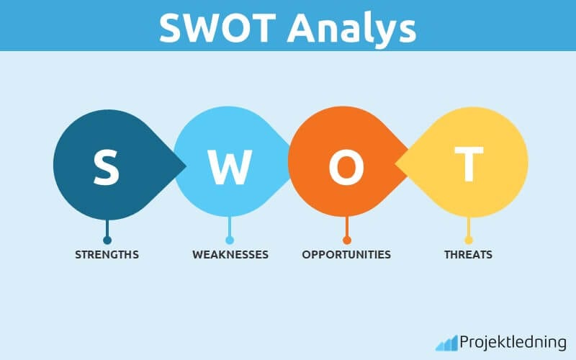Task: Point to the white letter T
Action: [468, 165]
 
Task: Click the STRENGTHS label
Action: [107, 255]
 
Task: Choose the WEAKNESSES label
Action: [230, 255]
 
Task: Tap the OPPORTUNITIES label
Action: [346, 255]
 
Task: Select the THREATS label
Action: [468, 255]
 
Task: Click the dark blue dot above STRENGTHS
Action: [107, 240]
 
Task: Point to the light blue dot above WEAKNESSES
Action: [230, 240]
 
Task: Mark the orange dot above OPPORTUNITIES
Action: [347, 240]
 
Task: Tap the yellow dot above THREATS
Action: [468, 240]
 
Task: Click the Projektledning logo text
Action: [513, 342]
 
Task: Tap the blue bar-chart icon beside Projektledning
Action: [446, 343]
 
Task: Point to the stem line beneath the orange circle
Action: [347, 228]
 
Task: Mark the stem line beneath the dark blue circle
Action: [107, 228]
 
